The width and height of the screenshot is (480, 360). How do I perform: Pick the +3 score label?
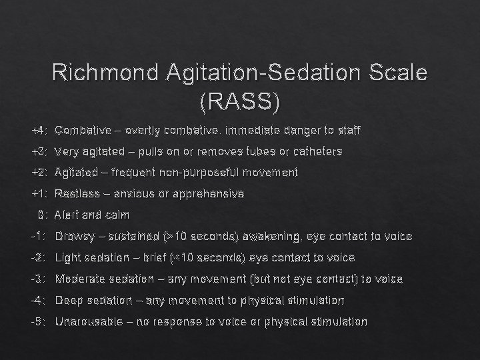pyautogui.click(x=39, y=152)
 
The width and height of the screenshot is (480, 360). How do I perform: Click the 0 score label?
pyautogui.click(x=42, y=215)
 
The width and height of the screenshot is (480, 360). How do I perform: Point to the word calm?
pyautogui.click(x=116, y=215)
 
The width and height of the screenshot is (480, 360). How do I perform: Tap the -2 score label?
pyautogui.click(x=39, y=258)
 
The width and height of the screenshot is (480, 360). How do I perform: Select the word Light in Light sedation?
pyautogui.click(x=67, y=258)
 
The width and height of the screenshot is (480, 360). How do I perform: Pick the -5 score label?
pyautogui.click(x=39, y=322)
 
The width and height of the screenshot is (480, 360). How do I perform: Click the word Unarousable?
pyautogui.click(x=89, y=322)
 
